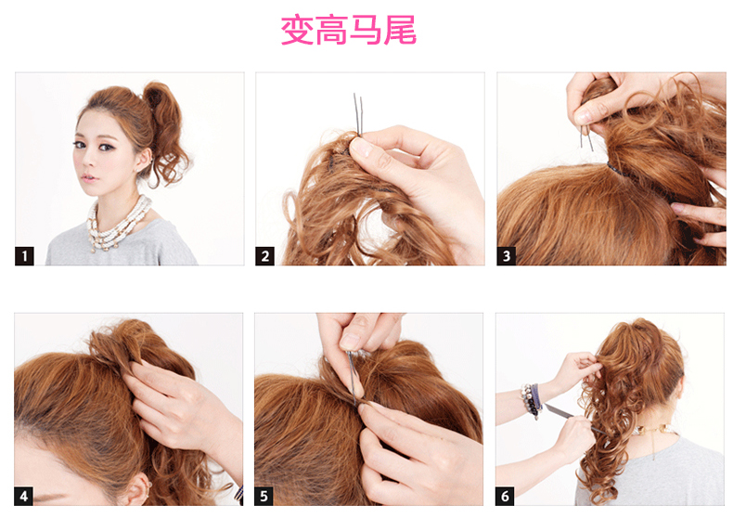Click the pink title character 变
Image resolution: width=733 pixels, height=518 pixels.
(x=297, y=30)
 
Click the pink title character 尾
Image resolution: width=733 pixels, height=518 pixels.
(x=400, y=30)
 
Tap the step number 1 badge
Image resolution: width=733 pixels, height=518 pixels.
(x=24, y=255)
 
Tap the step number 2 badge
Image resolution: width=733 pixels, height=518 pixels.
(x=264, y=255)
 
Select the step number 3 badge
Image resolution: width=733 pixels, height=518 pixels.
(x=507, y=255)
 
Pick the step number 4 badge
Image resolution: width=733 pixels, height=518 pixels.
(x=24, y=496)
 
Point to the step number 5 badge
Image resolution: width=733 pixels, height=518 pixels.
(x=264, y=496)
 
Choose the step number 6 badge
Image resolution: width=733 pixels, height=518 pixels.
(x=505, y=496)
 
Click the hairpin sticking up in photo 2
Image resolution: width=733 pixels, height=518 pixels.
(x=358, y=113)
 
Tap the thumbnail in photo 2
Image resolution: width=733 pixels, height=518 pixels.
(x=360, y=148)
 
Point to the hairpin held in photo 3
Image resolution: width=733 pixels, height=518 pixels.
(x=585, y=136)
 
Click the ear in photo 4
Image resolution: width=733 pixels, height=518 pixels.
(x=139, y=489)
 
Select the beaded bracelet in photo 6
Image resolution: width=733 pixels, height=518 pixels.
(x=532, y=400)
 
